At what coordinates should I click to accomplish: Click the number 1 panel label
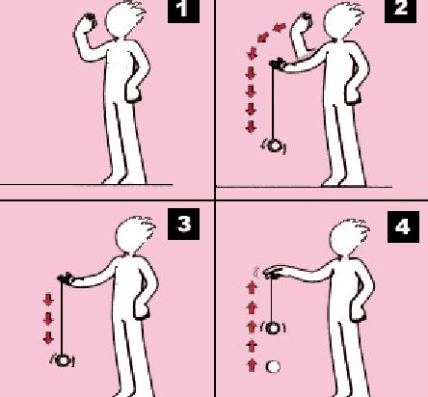[x=183, y=10]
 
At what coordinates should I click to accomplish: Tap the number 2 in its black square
[x=401, y=10]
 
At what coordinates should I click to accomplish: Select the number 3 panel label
[x=183, y=224]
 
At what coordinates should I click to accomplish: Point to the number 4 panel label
[x=403, y=226]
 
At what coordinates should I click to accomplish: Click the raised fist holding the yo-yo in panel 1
[x=88, y=21]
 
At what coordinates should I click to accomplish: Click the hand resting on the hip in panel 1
[x=133, y=93]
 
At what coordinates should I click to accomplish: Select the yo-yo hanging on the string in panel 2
[x=274, y=146]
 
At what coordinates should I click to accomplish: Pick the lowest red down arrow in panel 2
[x=251, y=126]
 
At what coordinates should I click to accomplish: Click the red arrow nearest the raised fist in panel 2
[x=280, y=27]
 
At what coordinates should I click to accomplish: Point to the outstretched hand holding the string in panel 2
[x=278, y=65]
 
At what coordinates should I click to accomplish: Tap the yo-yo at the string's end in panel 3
[x=63, y=360]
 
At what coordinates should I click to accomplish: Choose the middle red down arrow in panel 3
[x=48, y=319]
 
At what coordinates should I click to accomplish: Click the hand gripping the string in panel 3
[x=66, y=278]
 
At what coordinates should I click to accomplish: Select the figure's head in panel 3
[x=133, y=234]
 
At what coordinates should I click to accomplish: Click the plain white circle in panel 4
[x=273, y=366]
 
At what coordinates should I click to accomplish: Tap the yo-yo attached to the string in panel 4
[x=273, y=328]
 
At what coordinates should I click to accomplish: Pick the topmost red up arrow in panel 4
[x=252, y=287]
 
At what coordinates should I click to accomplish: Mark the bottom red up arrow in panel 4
[x=252, y=365]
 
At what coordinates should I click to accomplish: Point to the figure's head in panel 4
[x=349, y=237]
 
